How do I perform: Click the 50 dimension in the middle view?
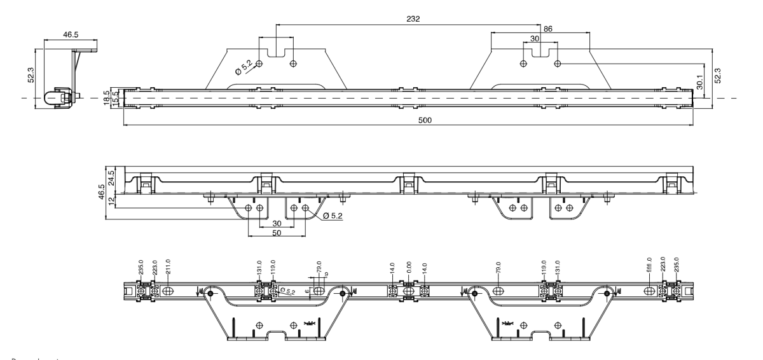[276, 234]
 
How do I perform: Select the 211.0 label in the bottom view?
[168, 265]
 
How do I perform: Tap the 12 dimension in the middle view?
[111, 201]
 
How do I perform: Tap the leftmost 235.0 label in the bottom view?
[141, 265]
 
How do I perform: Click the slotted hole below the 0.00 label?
[408, 291]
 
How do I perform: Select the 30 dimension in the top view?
[535, 39]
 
